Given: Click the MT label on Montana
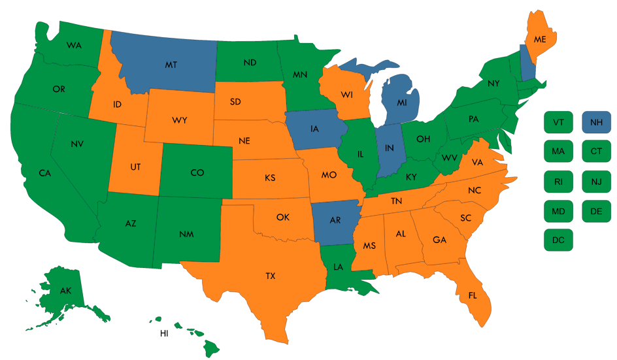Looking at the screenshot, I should pos(171,65).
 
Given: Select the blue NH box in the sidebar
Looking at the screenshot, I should pos(596,122).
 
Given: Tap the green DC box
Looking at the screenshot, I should pos(558,240).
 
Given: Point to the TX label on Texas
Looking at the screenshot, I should pos(271,276).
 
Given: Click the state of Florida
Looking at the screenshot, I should pos(472,296).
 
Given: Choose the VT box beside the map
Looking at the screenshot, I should pos(558,122).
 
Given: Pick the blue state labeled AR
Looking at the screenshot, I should pos(335,220).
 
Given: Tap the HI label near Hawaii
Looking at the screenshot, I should pos(165,333).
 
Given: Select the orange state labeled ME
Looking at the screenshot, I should pos(539,39).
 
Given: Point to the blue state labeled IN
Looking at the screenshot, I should pos(389,148).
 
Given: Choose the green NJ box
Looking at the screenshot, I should pos(596,181).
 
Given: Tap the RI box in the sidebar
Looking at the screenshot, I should pos(558,181).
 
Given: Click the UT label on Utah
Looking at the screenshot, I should pos(135,167).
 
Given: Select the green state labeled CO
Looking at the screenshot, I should pos(197,172).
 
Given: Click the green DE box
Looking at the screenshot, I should pos(596,210).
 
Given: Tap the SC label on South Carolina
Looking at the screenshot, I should pos(466,217).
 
